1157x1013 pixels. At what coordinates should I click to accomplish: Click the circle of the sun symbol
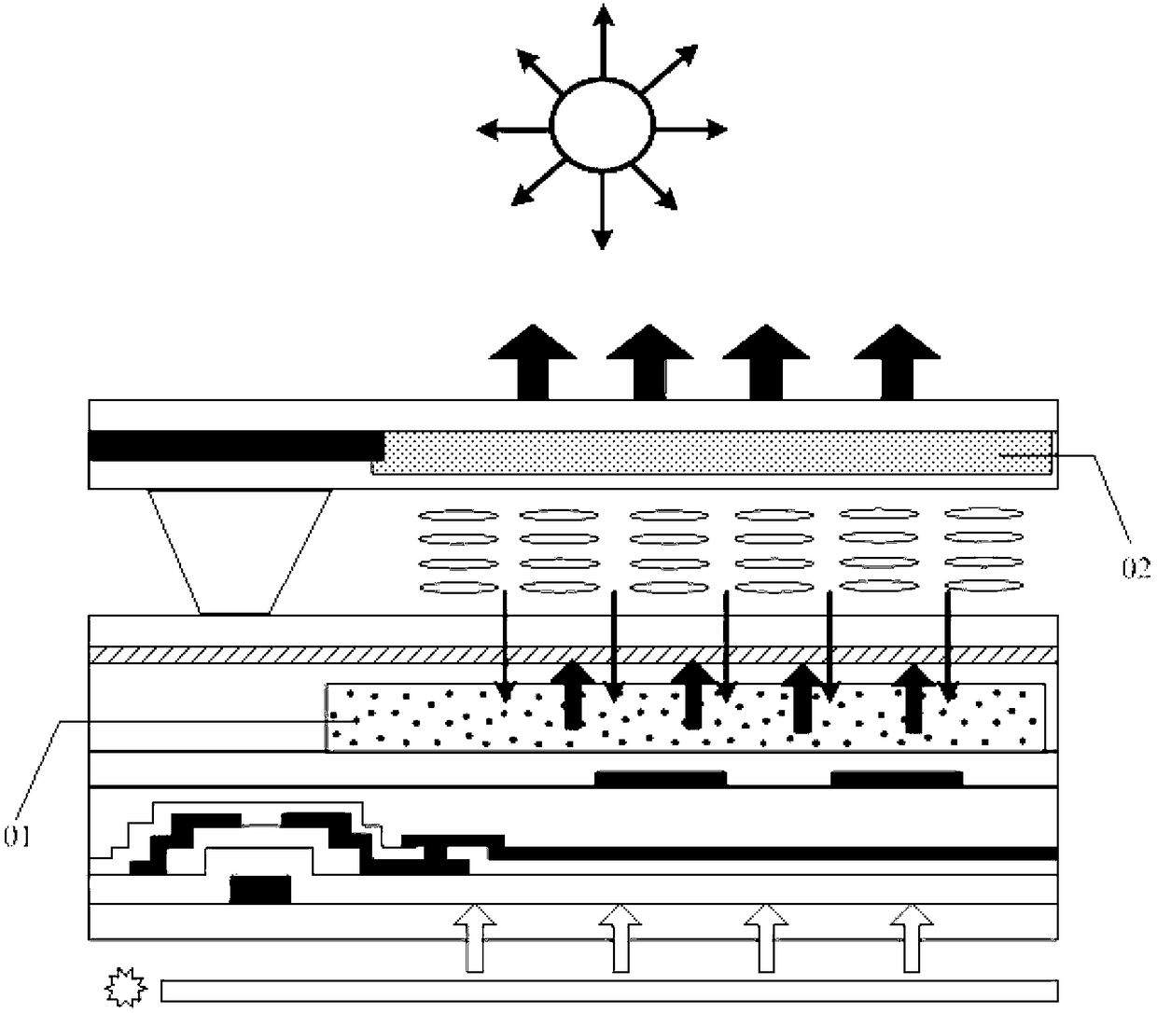[602, 125]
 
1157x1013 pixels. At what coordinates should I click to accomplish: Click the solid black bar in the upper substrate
[235, 446]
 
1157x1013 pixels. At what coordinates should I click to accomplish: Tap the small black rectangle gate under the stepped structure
[260, 889]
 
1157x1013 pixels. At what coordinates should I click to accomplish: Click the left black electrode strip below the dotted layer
[661, 778]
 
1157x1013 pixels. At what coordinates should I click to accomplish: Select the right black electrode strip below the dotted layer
[897, 778]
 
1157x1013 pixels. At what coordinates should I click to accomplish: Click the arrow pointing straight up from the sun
[603, 37]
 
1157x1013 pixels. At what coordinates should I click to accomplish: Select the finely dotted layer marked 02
[714, 451]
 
